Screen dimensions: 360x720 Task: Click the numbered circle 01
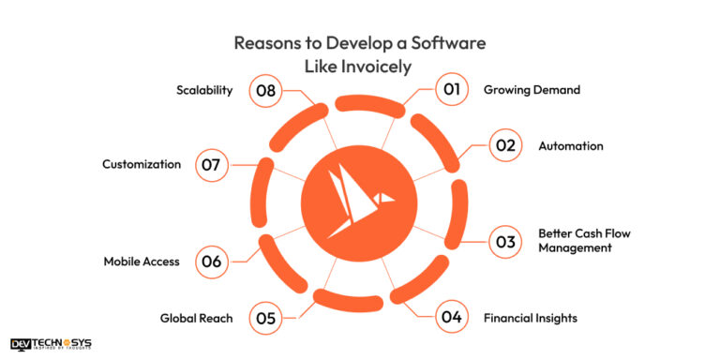point(451,90)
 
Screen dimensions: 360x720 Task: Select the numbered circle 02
point(505,146)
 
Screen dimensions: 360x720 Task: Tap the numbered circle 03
point(505,242)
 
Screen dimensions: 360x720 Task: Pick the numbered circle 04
point(451,318)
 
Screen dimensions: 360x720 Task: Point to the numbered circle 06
point(211,262)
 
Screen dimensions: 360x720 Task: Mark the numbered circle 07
point(211,165)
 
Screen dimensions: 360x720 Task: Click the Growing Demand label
point(532,90)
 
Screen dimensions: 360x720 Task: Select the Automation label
point(570,146)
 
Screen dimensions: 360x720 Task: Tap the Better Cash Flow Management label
point(575,241)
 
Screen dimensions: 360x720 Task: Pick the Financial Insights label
point(530,318)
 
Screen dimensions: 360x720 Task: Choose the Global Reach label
point(196,318)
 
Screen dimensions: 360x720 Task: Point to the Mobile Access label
point(141,262)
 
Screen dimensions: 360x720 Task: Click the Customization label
point(142,165)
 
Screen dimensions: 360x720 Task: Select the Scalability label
point(204,90)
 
